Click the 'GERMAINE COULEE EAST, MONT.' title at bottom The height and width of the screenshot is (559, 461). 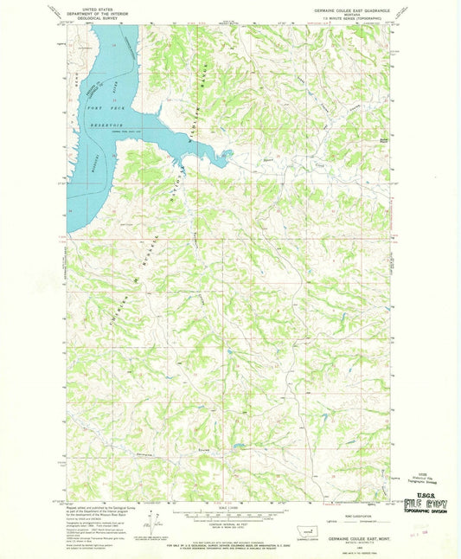[341, 537]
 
